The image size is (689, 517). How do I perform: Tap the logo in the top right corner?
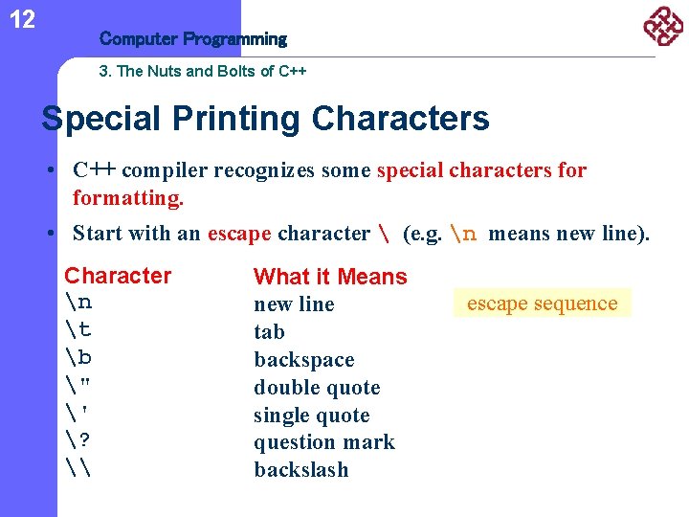(662, 26)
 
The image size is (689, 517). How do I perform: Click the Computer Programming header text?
(192, 39)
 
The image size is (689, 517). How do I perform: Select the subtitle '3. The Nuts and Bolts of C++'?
(202, 71)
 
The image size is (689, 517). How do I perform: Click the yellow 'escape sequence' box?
(542, 303)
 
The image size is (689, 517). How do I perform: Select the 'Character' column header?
(118, 276)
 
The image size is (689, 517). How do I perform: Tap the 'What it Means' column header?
(330, 277)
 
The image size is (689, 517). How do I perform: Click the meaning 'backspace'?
(303, 360)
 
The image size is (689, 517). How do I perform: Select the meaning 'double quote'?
(317, 388)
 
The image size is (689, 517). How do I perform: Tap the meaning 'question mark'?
(323, 442)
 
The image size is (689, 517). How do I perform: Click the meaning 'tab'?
(269, 332)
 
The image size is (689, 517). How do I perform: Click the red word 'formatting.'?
(127, 199)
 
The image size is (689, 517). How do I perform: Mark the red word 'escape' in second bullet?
(239, 234)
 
